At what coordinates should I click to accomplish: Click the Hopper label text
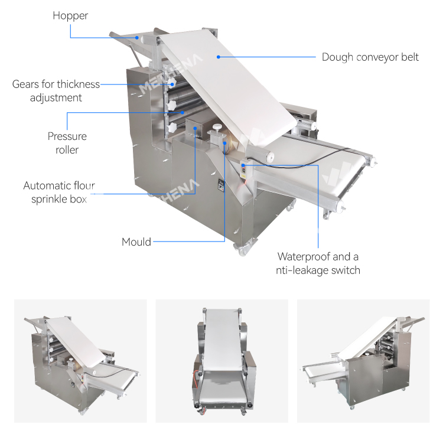point(70,16)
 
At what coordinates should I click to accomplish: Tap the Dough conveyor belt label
point(370,57)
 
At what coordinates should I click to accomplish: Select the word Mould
point(136,242)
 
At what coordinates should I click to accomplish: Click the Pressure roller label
point(67,143)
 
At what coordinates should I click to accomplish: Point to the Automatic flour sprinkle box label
point(59,193)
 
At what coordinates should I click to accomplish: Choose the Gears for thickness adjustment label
point(56,91)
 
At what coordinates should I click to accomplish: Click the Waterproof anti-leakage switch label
point(318,263)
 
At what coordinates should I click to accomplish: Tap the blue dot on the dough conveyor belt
point(219,57)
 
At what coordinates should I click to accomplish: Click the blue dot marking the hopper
point(137,38)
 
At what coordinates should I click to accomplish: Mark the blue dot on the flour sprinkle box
point(195,128)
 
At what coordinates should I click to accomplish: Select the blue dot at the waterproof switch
point(243,165)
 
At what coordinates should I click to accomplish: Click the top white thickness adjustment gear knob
point(171,83)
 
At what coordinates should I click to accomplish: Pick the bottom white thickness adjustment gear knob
point(172,128)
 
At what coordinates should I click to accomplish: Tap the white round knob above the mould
point(217,126)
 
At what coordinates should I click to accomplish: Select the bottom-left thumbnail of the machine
point(80,361)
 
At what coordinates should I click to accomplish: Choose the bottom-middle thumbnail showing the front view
point(221,361)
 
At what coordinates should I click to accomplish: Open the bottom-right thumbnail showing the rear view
point(363,361)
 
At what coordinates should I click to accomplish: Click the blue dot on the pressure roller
point(183,113)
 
